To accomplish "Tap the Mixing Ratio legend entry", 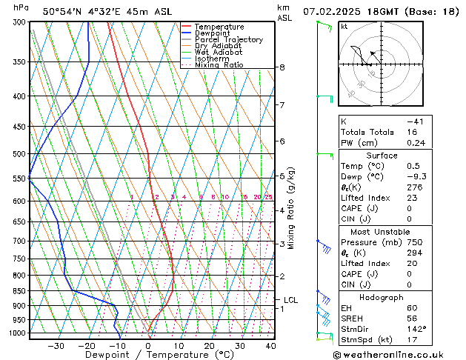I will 219,65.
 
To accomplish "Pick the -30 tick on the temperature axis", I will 56,346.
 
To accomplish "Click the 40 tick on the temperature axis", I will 271,346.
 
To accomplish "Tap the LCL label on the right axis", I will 290,300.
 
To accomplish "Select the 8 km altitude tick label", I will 282,67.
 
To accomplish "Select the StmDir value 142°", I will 415,329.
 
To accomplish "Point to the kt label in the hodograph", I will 344,27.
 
